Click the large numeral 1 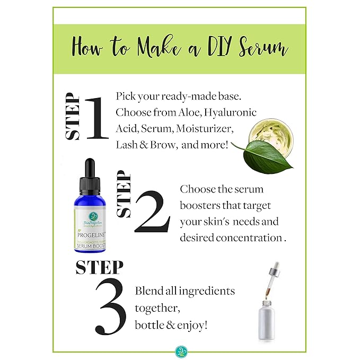[96, 118]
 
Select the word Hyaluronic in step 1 [231, 112]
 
